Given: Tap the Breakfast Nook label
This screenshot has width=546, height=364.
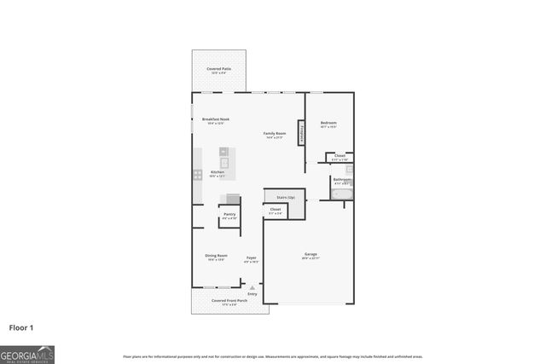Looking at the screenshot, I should [x=215, y=119].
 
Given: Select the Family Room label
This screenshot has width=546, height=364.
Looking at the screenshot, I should [x=274, y=134].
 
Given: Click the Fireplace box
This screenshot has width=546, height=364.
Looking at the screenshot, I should [x=301, y=133].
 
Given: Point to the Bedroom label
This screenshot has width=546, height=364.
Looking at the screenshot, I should [x=328, y=124].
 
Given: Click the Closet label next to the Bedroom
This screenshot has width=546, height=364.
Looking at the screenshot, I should [x=340, y=156].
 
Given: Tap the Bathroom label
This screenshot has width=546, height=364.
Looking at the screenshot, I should [x=340, y=180].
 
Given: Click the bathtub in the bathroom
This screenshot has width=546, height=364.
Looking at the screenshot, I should [x=342, y=195].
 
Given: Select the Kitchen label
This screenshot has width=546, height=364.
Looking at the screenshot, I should [x=218, y=173].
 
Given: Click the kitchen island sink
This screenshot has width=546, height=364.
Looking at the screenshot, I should [x=225, y=161].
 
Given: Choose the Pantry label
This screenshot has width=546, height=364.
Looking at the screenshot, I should [x=229, y=216].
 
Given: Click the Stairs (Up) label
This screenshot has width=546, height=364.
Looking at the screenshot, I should [x=285, y=198].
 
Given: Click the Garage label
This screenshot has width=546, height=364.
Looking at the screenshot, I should [x=311, y=254].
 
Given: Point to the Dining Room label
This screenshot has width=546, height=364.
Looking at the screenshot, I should [x=216, y=256].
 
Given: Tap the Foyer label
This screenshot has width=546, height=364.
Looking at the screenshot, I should [x=252, y=257].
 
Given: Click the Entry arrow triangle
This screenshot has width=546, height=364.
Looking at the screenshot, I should [x=252, y=287].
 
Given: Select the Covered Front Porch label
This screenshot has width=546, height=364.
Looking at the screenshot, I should [x=229, y=301].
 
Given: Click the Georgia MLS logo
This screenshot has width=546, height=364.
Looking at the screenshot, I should [x=27, y=353].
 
